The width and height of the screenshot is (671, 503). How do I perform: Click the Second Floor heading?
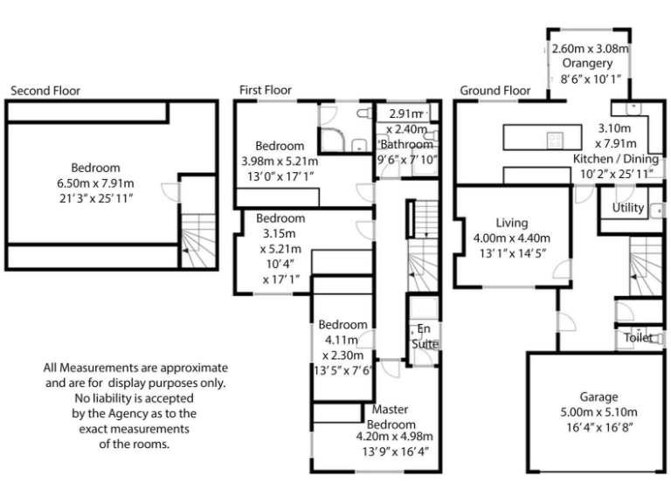(x=45, y=90)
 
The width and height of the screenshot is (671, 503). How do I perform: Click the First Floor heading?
(x=266, y=90)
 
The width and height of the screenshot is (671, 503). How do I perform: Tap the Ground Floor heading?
(x=495, y=90)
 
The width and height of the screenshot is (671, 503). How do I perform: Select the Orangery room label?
(x=587, y=64)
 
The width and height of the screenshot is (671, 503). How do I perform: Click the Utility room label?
(x=628, y=208)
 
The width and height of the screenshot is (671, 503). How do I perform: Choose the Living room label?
(x=512, y=223)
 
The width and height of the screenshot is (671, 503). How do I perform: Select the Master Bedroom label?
(x=391, y=416)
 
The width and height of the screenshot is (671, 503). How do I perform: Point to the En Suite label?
(x=425, y=336)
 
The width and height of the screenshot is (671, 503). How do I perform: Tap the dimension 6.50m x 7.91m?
(x=96, y=183)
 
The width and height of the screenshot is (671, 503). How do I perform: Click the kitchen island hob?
(x=557, y=139)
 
